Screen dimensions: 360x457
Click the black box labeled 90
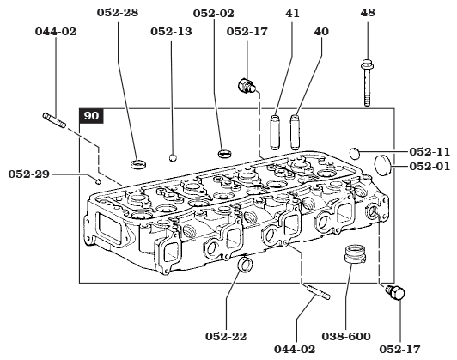click(x=91, y=115)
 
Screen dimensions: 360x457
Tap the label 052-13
click(x=172, y=32)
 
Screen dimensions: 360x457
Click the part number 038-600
click(x=347, y=337)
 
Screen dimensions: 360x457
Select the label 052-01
click(x=430, y=166)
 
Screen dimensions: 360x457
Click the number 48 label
click(x=368, y=15)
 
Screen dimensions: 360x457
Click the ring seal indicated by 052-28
click(x=136, y=163)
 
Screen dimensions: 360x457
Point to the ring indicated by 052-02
click(x=225, y=153)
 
